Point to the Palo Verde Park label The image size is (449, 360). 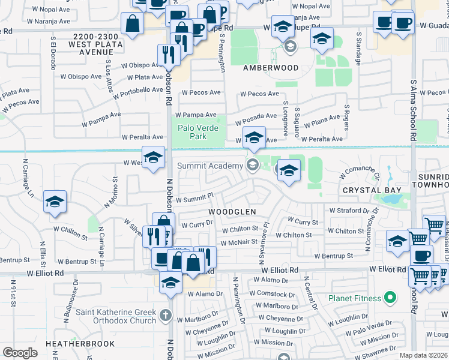[x=198, y=132]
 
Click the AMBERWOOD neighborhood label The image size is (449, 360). [x=270, y=68]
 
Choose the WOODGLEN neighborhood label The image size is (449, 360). [x=232, y=212]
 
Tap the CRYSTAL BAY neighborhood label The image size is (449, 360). [x=371, y=190]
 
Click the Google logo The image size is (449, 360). [x=20, y=352]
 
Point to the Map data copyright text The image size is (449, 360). [x=424, y=355]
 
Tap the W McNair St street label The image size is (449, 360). [x=239, y=242]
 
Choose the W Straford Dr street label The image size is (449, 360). [x=350, y=211]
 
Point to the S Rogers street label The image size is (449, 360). [x=346, y=118]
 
